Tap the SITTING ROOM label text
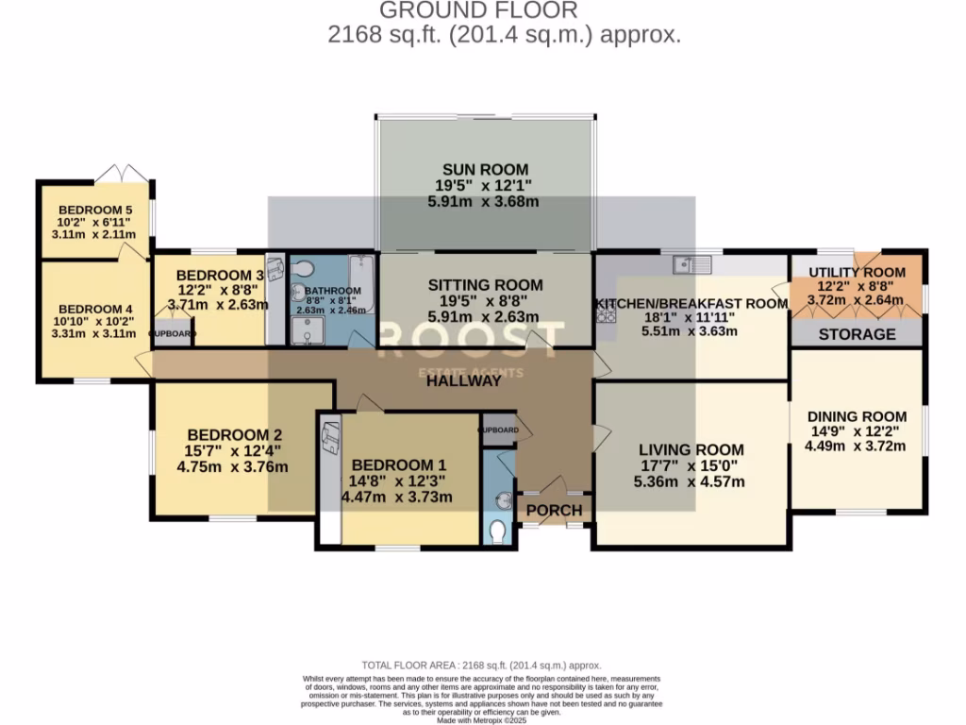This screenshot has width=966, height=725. (485, 285)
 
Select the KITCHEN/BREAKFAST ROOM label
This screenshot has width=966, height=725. (691, 304)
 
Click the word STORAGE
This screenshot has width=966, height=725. (857, 334)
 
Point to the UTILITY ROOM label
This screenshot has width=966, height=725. (857, 272)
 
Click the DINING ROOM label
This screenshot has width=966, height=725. (857, 416)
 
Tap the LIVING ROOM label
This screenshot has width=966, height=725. (691, 450)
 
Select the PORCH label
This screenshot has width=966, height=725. (554, 511)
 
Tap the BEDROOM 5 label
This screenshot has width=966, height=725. (95, 210)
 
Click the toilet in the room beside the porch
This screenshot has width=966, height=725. (499, 531)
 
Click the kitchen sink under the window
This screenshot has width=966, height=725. (698, 262)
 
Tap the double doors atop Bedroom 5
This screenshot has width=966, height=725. (125, 174)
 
